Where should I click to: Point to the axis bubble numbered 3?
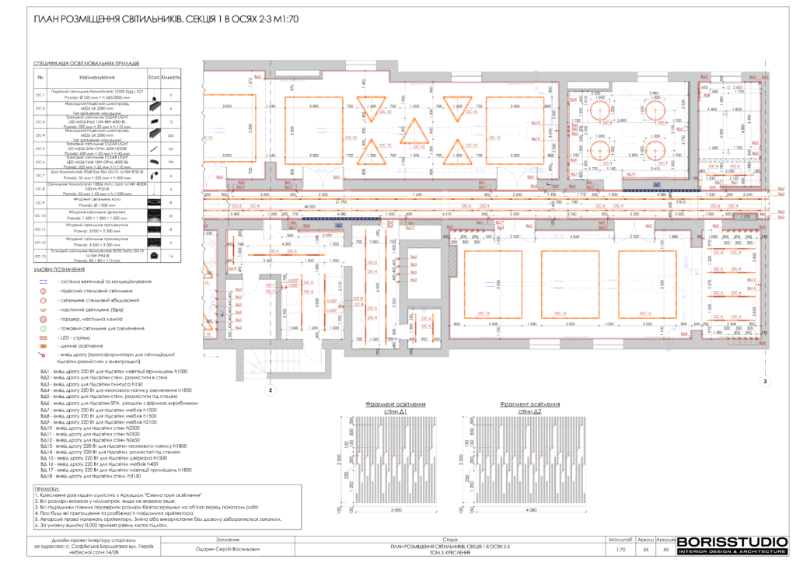(x=764, y=382)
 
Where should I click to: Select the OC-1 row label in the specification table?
(x=40, y=94)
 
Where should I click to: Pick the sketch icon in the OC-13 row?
(x=153, y=255)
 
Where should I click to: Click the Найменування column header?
(x=97, y=78)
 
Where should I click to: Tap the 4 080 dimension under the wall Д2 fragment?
(x=531, y=509)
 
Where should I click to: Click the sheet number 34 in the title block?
(x=641, y=549)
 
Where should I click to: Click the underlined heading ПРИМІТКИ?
(x=47, y=487)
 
